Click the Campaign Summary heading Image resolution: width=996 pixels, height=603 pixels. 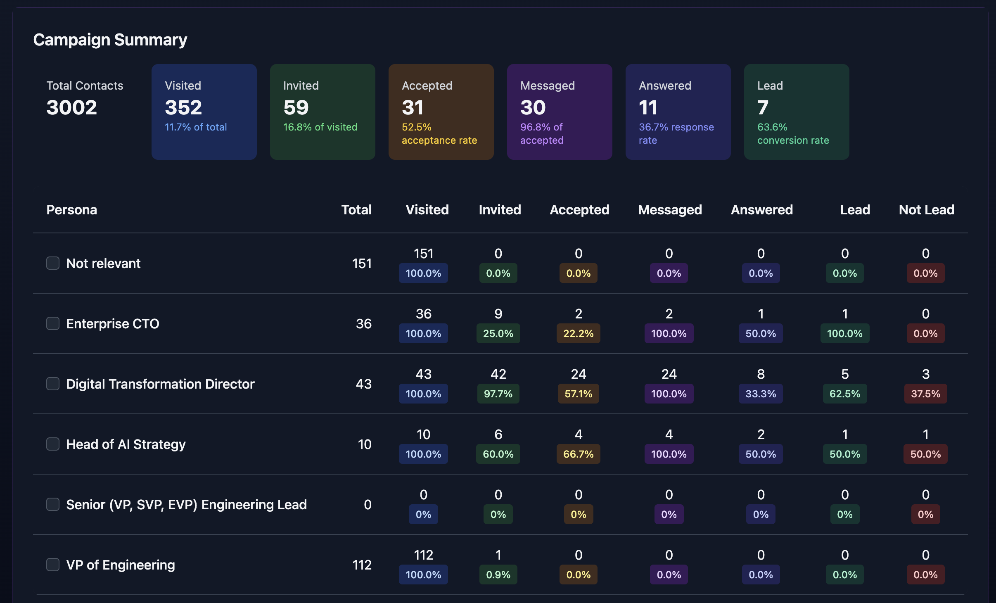coord(110,40)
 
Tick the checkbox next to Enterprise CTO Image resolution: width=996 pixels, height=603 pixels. coord(53,323)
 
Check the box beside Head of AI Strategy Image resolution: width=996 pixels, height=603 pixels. coord(53,444)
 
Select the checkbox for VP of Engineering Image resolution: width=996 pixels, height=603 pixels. coord(53,565)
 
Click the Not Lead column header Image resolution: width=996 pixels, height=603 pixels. coord(927,210)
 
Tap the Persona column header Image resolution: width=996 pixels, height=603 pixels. coord(71,210)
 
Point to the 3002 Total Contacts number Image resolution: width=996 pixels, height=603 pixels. coord(71,107)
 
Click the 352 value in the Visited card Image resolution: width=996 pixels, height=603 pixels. coord(183,107)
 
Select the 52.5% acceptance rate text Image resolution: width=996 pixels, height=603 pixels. coord(439,133)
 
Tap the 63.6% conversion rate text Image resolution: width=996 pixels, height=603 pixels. coord(793,133)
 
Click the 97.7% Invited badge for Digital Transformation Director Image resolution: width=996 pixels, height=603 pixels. coord(498,394)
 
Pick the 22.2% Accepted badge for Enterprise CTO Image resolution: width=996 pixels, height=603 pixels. coord(578,333)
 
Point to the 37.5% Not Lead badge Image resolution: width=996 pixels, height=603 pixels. coord(925,394)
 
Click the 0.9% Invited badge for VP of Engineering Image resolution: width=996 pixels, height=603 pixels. coord(498,575)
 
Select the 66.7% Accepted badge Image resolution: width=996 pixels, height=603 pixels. coord(578,454)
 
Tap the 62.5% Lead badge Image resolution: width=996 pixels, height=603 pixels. coord(844,394)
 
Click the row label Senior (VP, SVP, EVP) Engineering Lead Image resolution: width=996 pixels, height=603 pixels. coord(186,505)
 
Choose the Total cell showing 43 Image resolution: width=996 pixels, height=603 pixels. coord(363,384)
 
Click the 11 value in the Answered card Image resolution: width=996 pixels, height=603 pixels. coord(648,107)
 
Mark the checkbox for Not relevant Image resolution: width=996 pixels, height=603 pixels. coord(53,263)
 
